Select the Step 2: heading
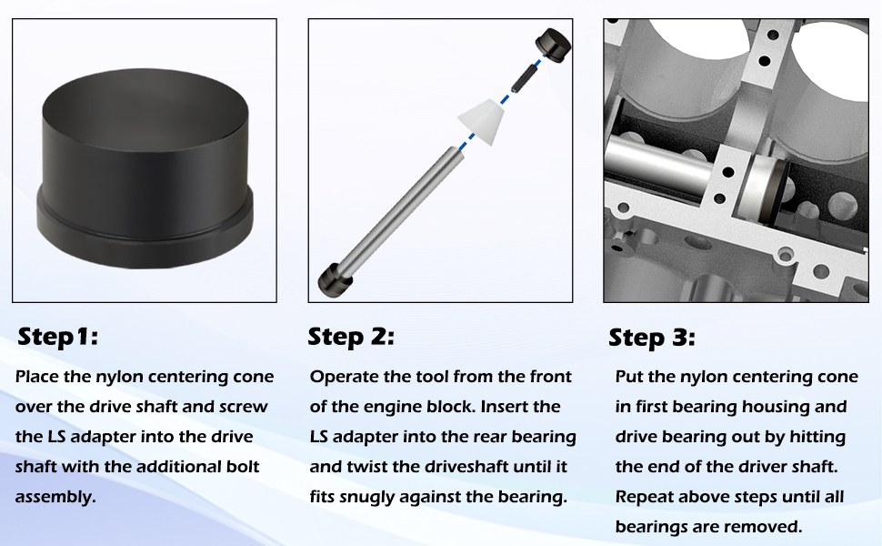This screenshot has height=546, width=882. pos(351,337)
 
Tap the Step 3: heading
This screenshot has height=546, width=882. pos(651,339)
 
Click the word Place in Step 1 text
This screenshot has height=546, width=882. pos(37,377)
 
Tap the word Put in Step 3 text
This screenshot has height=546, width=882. pos(629,377)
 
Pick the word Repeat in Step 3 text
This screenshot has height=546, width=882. pos(644,497)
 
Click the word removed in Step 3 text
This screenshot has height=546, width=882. pos(773,527)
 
